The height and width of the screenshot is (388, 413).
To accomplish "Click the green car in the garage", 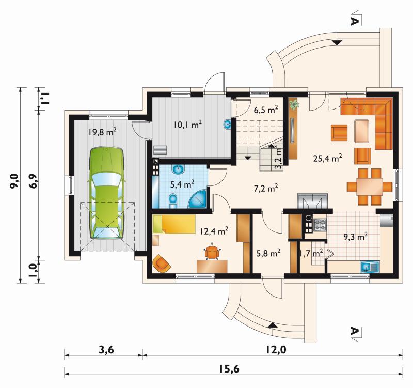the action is pyautogui.click(x=107, y=193).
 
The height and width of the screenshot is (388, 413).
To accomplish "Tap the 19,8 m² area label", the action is pyautogui.click(x=102, y=132).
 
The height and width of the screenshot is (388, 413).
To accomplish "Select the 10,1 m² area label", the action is pyautogui.click(x=188, y=124).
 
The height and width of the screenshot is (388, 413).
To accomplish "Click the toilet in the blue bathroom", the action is pyautogui.click(x=173, y=200).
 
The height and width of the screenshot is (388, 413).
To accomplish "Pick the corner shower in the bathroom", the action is pyautogui.click(x=197, y=199).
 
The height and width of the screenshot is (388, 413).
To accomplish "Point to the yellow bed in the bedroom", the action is pyautogui.click(x=174, y=224).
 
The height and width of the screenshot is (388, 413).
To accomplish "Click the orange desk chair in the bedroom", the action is pyautogui.click(x=212, y=252).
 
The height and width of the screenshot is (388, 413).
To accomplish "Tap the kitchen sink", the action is pyautogui.click(x=370, y=267).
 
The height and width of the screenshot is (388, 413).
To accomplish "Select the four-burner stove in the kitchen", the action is pyautogui.click(x=320, y=225).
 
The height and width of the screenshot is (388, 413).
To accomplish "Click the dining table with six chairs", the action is pyautogui.click(x=370, y=187).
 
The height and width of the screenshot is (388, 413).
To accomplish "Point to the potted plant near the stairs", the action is pyautogui.click(x=294, y=105).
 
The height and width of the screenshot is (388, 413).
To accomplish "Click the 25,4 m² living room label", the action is pyautogui.click(x=328, y=159).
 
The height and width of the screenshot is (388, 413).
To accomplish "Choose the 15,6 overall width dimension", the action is pyautogui.click(x=229, y=369).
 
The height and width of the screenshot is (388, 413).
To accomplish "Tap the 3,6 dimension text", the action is pyautogui.click(x=106, y=350).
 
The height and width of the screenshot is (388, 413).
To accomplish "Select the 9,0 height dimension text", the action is pyautogui.click(x=14, y=181).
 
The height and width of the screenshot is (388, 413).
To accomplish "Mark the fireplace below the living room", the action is pyautogui.click(x=313, y=201).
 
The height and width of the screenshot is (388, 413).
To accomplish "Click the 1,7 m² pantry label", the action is pyautogui.click(x=311, y=254).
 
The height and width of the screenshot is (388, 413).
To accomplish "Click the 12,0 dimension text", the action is pyautogui.click(x=276, y=350).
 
